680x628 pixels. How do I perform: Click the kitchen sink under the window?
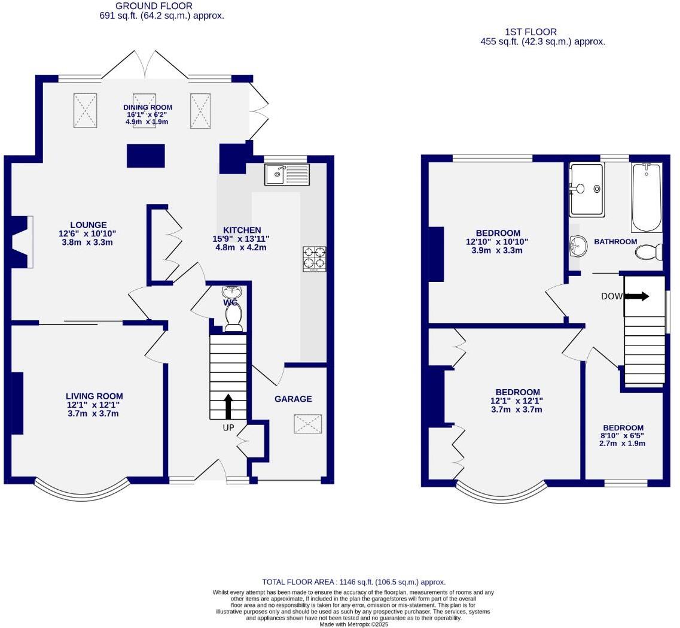[x=286, y=175]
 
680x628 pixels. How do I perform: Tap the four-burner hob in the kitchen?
[x=315, y=259]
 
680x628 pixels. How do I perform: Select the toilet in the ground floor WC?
[x=233, y=316]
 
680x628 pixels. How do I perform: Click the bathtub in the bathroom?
[x=647, y=197]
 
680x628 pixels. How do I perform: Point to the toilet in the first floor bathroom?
[x=648, y=252]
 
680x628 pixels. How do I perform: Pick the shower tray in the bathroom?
[x=586, y=189]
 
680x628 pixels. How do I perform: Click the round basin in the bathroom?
[x=578, y=245]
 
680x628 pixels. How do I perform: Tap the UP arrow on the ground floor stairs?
[x=228, y=406]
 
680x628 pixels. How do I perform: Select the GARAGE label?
[x=293, y=399]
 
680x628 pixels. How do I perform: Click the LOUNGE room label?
[x=87, y=225]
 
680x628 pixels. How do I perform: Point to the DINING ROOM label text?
[x=148, y=107]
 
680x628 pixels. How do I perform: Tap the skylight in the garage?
[x=308, y=424]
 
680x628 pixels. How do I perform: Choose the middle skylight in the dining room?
[x=144, y=110]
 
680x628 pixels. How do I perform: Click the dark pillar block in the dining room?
[x=145, y=156]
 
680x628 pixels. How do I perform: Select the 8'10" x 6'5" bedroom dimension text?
[x=623, y=436]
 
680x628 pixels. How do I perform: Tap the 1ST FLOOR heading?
[x=530, y=32]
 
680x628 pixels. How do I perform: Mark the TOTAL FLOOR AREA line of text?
[x=353, y=582]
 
